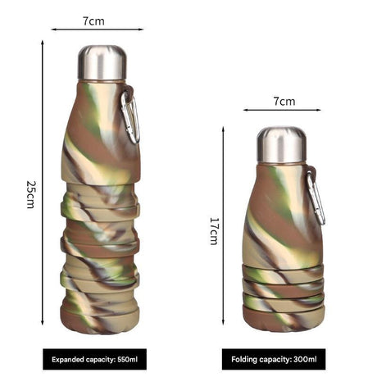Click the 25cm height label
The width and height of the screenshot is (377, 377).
coord(30,193)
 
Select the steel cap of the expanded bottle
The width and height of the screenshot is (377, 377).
coord(102,62)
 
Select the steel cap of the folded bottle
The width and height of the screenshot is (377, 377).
coord(281,143)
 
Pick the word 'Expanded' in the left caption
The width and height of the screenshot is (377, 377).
coord(70,358)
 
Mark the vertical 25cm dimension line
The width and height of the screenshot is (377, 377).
coord(43,188)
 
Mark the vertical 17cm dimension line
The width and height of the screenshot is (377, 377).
coord(224,229)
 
